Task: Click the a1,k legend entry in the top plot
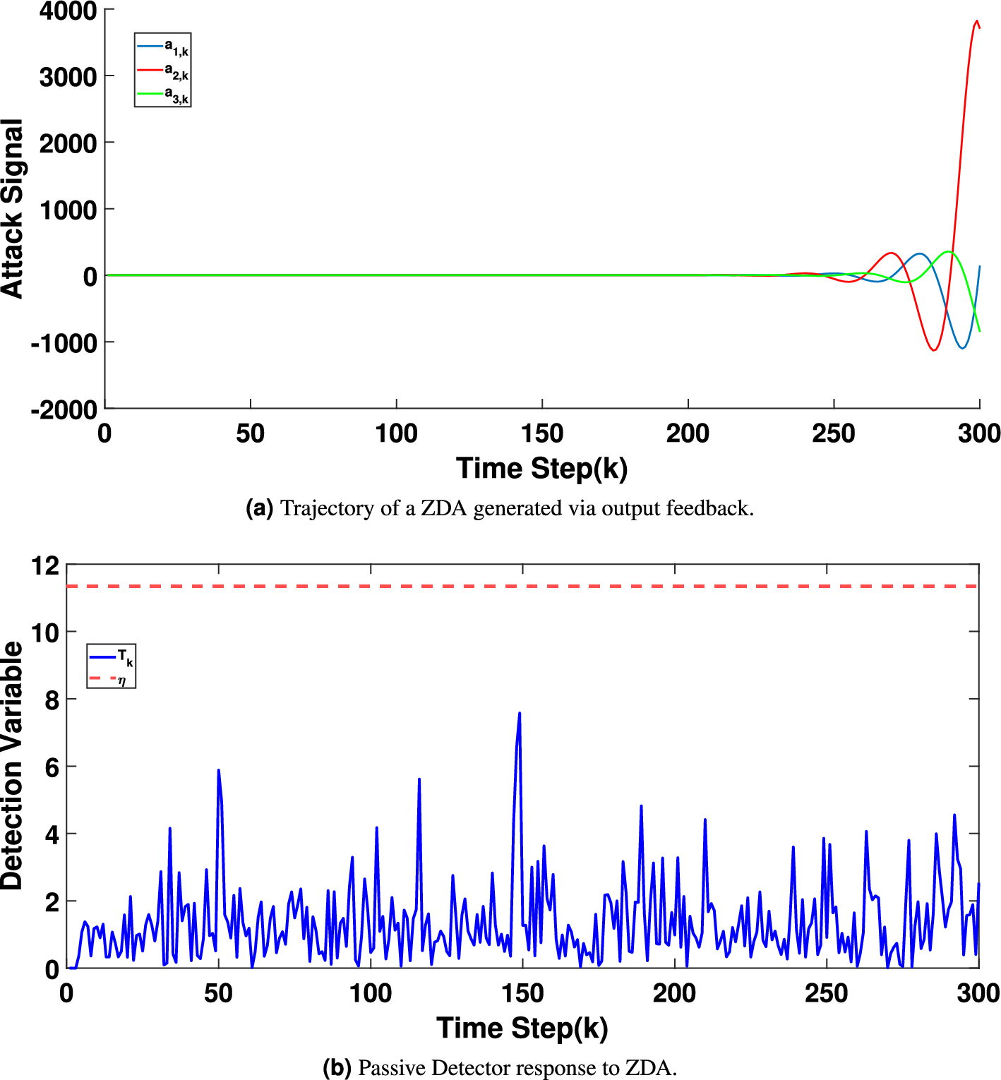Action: click(x=163, y=47)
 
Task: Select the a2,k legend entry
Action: click(x=163, y=71)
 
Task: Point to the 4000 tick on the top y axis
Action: click(x=68, y=11)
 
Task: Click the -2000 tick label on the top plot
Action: click(x=64, y=409)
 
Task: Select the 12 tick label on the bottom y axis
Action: click(x=45, y=565)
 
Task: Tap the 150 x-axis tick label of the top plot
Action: click(x=541, y=433)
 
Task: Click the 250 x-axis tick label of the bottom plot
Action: click(x=826, y=993)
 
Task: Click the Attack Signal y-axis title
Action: click(x=13, y=209)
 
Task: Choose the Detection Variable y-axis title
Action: click(x=13, y=765)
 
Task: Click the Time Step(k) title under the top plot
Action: click(x=541, y=469)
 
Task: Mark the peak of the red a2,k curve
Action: click(x=977, y=21)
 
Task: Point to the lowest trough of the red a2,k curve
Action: click(x=934, y=350)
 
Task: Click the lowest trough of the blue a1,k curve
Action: click(x=962, y=348)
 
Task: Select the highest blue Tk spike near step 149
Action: click(x=520, y=714)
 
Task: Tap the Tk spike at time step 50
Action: click(x=218, y=770)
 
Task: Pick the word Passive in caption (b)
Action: click(x=392, y=1067)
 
